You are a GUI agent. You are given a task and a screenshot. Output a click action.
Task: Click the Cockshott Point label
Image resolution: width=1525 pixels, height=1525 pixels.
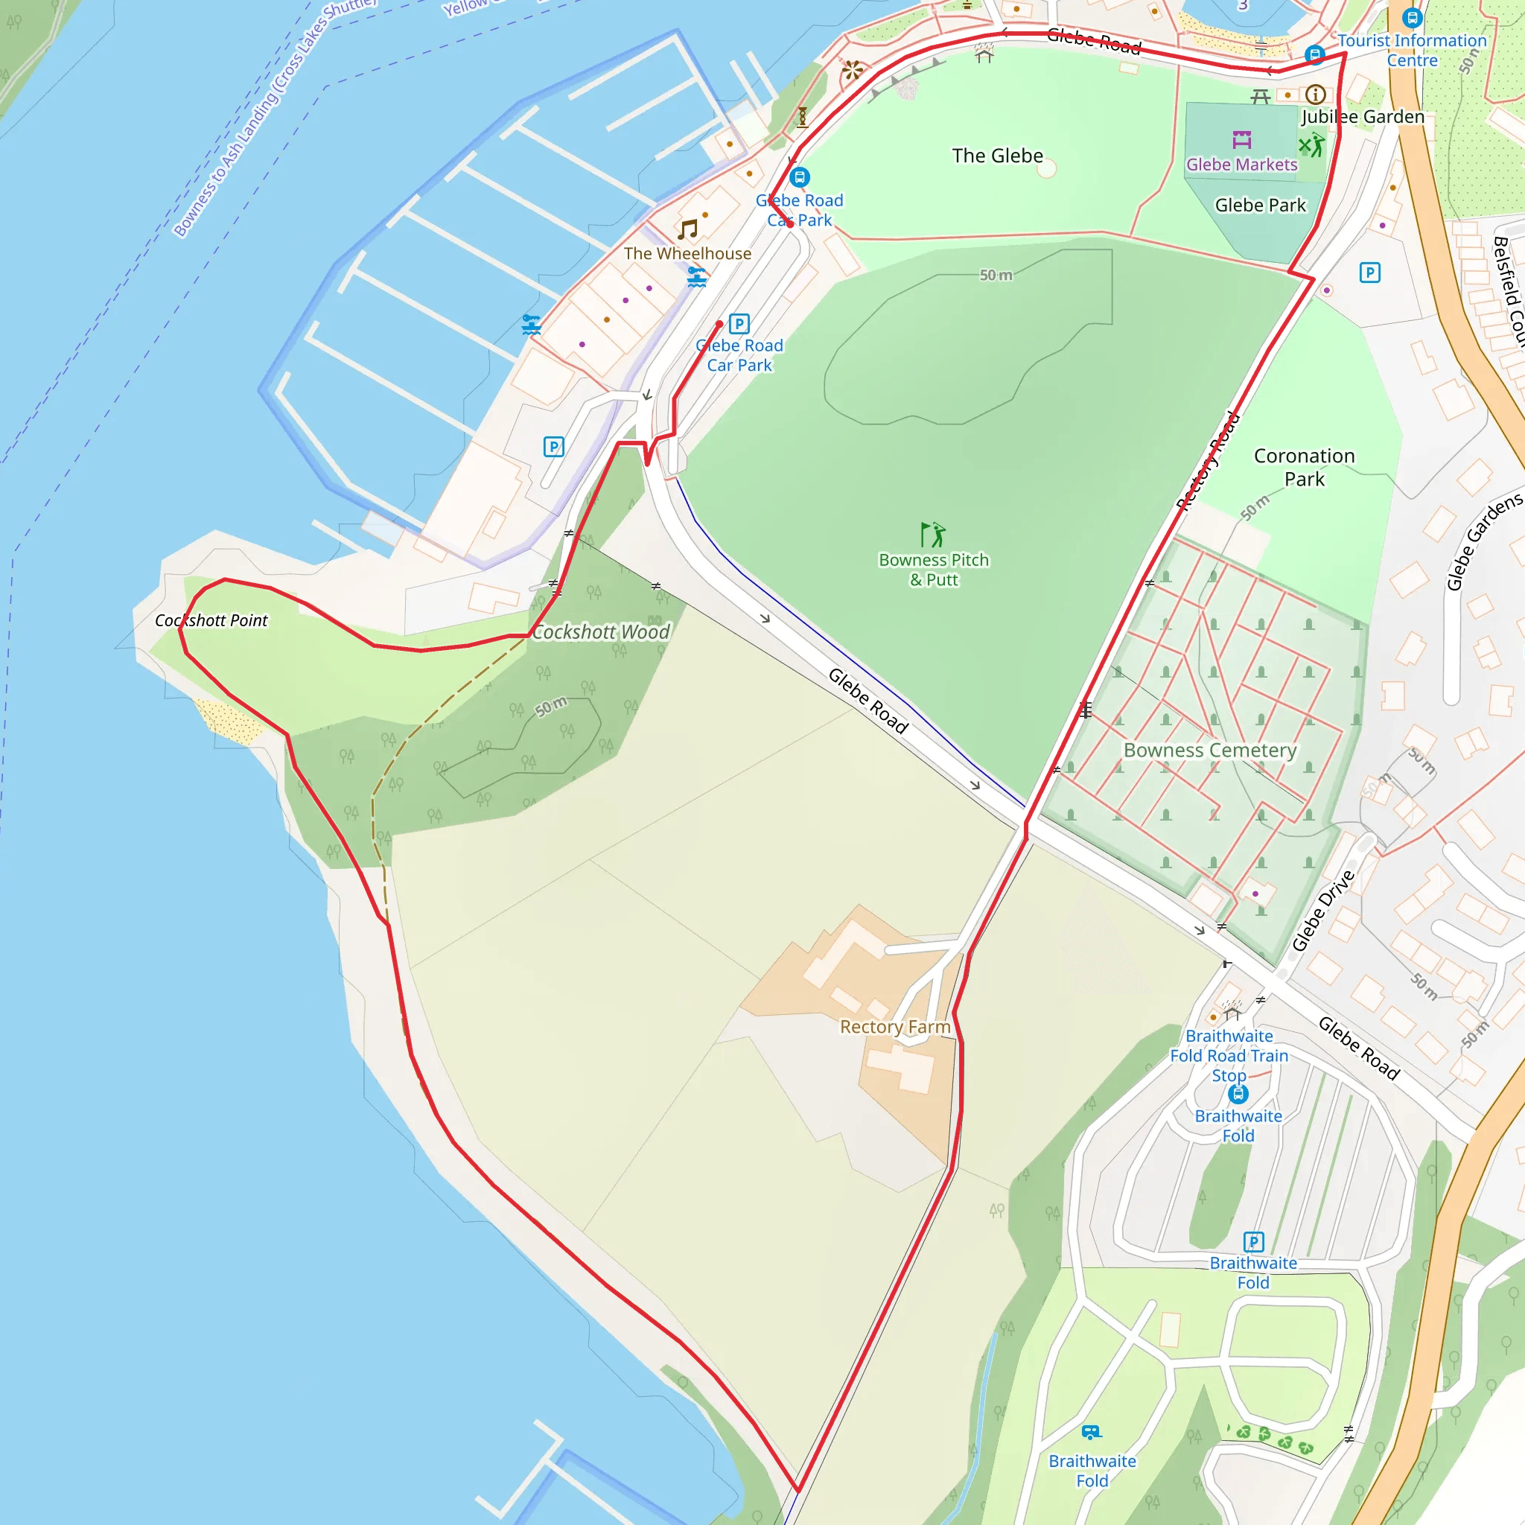point(211,620)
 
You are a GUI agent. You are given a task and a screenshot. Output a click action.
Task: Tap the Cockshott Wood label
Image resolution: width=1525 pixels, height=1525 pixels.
point(601,631)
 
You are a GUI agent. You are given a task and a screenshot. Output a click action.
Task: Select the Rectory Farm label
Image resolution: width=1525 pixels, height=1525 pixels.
point(895,1026)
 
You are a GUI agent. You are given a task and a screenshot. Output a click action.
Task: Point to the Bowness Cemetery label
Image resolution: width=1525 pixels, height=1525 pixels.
point(1209,750)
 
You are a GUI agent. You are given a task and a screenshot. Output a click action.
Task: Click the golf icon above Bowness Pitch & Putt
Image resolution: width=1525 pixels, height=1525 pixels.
point(933,535)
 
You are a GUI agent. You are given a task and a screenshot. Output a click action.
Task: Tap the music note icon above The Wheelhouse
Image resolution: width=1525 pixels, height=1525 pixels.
point(687,229)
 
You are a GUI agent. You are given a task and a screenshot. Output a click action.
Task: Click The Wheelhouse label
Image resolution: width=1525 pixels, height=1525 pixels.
point(687,253)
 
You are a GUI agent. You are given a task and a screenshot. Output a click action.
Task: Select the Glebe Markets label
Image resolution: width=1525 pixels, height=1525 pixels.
point(1241,164)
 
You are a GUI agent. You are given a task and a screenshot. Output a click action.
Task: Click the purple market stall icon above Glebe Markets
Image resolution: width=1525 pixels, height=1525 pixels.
point(1241,140)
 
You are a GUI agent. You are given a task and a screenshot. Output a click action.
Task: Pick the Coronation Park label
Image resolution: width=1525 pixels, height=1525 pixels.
point(1304,468)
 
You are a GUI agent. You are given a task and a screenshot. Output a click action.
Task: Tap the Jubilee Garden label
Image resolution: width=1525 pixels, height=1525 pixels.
point(1363,117)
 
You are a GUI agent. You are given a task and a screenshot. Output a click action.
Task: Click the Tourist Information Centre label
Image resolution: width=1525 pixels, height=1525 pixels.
point(1411,50)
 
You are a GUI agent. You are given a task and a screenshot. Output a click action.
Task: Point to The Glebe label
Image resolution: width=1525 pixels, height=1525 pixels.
point(997,156)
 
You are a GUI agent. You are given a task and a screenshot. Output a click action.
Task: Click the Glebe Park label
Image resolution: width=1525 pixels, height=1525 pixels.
point(1260,206)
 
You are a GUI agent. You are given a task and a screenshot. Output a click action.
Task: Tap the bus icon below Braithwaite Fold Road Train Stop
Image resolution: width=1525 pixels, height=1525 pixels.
point(1238,1094)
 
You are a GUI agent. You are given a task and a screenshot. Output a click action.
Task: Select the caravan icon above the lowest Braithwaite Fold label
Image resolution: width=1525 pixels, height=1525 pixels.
point(1092,1432)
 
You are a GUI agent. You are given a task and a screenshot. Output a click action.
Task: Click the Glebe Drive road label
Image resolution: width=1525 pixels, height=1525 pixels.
point(1323,910)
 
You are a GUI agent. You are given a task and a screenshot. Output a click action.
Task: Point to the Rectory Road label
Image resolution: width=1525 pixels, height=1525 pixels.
point(1208,461)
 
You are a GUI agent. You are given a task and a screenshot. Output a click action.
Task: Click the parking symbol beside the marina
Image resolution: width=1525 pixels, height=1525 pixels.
point(553,447)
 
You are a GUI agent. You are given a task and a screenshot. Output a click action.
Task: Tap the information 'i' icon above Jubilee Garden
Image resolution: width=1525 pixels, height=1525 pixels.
point(1315,95)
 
